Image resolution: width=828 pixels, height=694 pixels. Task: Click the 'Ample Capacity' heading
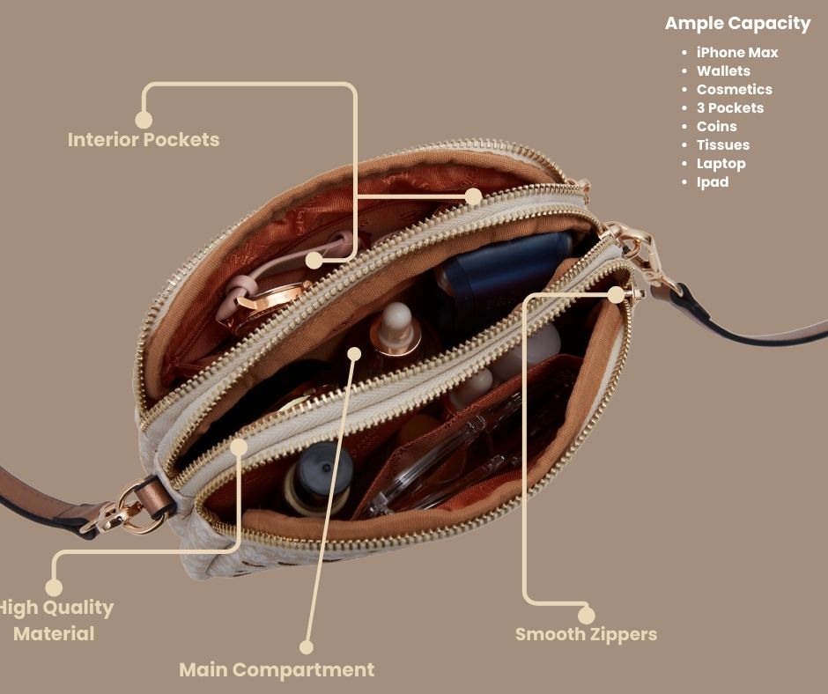[x=737, y=24]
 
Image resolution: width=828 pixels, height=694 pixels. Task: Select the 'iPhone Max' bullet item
[x=737, y=53]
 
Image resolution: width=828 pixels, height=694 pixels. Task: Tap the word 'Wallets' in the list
[x=723, y=70]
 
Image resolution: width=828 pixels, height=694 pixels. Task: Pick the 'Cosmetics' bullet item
[x=734, y=89]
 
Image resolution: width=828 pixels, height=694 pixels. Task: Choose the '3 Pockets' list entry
[x=729, y=107]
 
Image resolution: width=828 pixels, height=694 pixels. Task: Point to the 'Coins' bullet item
[x=717, y=126]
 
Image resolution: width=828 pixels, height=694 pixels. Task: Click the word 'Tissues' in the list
[x=723, y=144]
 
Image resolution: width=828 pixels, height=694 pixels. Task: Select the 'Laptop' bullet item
[x=721, y=164]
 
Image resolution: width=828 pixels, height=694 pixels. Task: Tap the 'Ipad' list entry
[x=713, y=182]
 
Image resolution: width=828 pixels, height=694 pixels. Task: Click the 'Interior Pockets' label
[x=143, y=140]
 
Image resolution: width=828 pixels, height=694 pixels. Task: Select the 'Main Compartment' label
[x=277, y=670]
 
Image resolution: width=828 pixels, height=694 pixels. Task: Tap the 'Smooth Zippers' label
[x=586, y=634]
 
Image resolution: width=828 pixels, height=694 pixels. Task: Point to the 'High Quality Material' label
[x=55, y=621]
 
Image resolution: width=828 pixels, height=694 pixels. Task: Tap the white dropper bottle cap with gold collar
[x=396, y=328]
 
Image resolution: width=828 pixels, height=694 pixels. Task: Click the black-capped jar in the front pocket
[x=318, y=477]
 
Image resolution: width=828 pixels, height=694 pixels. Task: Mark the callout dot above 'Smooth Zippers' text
[x=586, y=616]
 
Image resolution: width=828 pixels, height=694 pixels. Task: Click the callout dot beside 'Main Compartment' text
[x=307, y=647]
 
